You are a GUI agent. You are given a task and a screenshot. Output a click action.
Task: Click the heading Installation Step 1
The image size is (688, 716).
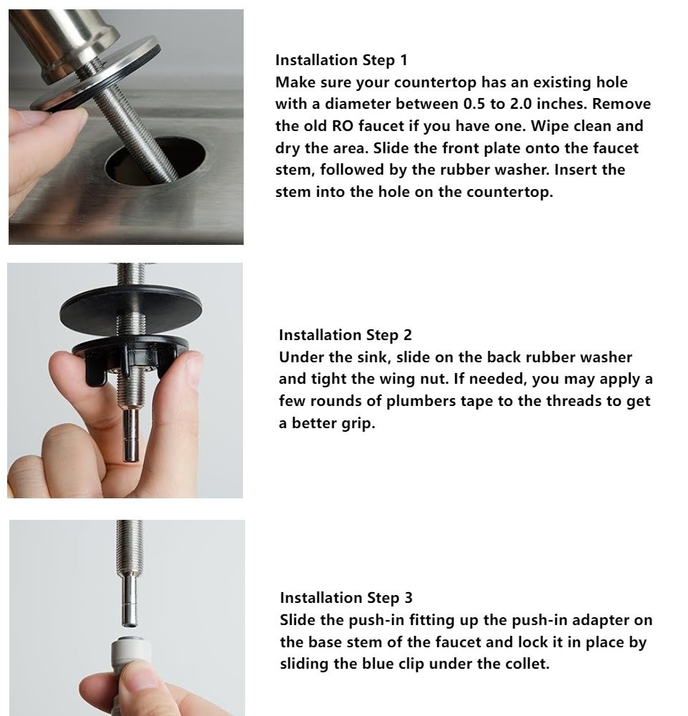coord(341,60)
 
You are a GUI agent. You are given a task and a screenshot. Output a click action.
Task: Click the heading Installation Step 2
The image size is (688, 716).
coord(345,334)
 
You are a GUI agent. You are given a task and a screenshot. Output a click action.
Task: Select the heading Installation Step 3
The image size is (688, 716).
coord(346,597)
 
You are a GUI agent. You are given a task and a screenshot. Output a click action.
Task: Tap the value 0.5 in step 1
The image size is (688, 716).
coord(474,104)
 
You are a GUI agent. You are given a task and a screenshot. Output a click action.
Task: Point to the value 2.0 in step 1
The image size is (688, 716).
coord(521,104)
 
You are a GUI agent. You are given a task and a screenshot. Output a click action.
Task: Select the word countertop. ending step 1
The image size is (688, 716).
coord(510,192)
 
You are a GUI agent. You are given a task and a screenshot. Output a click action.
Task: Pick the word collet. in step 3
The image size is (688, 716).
coord(527,663)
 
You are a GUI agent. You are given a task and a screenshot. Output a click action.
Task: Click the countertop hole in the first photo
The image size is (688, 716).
coord(156,162)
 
